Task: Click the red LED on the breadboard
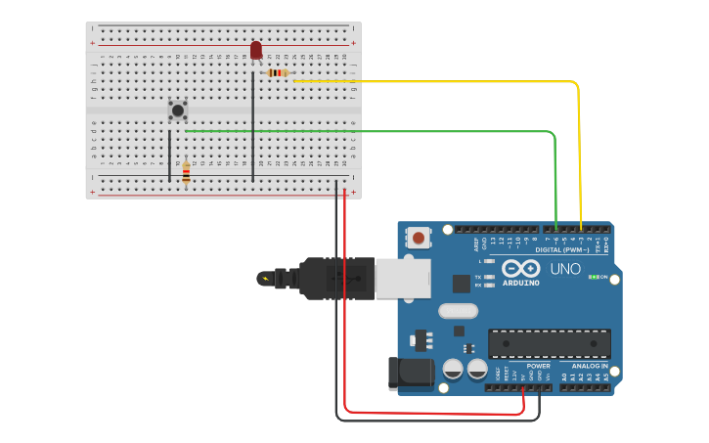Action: (x=256, y=50)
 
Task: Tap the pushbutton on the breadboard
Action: (x=177, y=111)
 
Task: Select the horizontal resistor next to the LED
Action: (x=278, y=72)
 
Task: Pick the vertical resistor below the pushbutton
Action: (x=186, y=174)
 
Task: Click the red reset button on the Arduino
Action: (x=419, y=238)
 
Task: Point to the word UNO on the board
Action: (x=565, y=269)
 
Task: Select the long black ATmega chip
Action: (x=549, y=343)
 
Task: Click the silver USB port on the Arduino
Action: (x=402, y=278)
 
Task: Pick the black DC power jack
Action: (x=410, y=374)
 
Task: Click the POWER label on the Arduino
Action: (x=538, y=366)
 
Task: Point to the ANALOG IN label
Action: (x=591, y=366)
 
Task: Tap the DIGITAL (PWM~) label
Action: (x=561, y=249)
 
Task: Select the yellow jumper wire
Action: (x=580, y=147)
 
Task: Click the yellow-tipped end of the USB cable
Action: (x=265, y=279)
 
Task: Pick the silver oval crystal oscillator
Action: (x=458, y=311)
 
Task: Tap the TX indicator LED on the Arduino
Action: (x=489, y=277)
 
